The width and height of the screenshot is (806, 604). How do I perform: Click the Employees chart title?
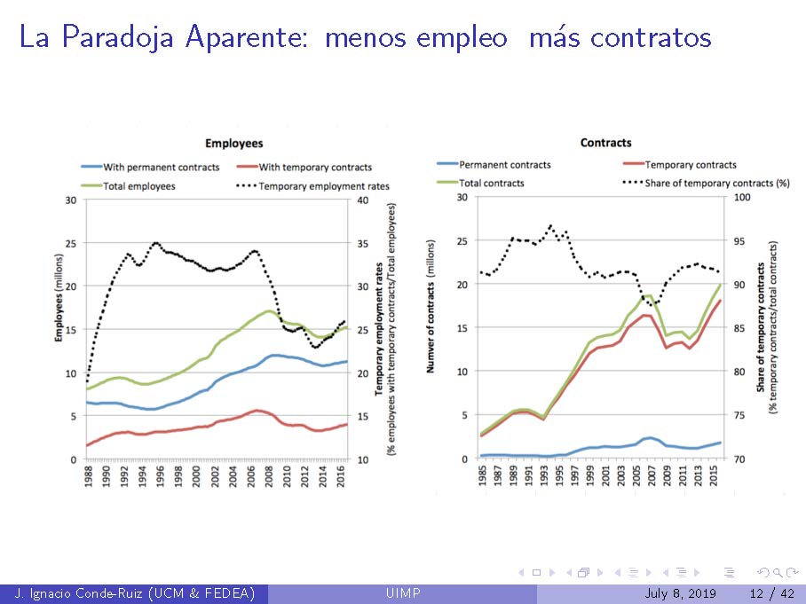(x=233, y=143)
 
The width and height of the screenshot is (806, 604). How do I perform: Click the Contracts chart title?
(x=605, y=142)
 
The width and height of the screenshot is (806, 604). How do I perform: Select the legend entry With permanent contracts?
(x=161, y=167)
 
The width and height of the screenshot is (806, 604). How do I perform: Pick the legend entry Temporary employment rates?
(x=324, y=186)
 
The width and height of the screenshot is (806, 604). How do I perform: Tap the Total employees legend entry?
(x=138, y=186)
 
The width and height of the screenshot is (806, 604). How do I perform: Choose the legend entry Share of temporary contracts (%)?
(x=717, y=183)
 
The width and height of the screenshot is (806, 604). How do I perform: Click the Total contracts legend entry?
(x=491, y=183)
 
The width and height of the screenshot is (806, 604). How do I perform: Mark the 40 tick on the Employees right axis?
(x=361, y=200)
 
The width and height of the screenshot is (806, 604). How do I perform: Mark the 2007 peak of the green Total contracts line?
(x=648, y=296)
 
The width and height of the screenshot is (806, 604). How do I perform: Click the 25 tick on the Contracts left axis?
(x=462, y=240)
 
